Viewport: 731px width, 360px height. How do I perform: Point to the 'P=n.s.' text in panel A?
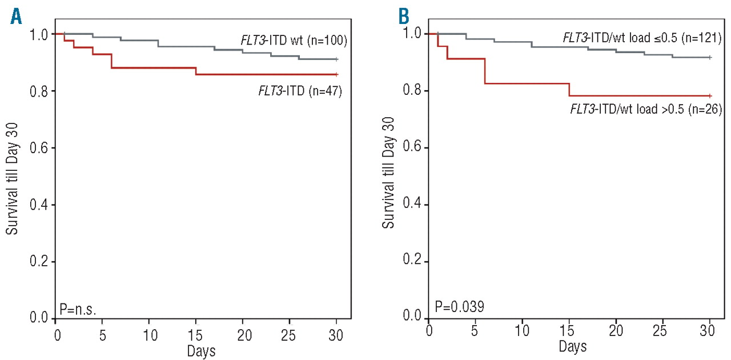[x=78, y=309]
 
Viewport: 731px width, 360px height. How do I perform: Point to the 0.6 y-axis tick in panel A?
[x=38, y=148]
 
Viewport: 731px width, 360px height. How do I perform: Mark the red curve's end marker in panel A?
[x=336, y=74]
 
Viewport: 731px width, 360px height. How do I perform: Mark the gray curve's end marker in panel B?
[x=709, y=57]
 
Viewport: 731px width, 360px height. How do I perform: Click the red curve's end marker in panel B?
[x=709, y=95]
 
